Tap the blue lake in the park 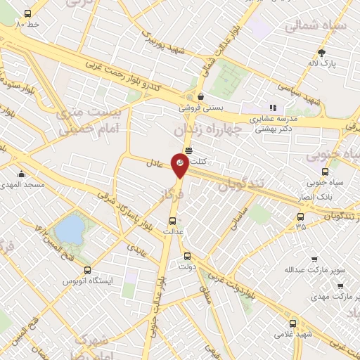[68, 229]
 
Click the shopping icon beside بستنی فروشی [201, 97]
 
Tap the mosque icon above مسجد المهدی [22, 174]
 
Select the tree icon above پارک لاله [322, 53]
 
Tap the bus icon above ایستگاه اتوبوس [87, 269]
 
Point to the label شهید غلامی [293, 335]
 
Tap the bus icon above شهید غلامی [293, 324]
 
